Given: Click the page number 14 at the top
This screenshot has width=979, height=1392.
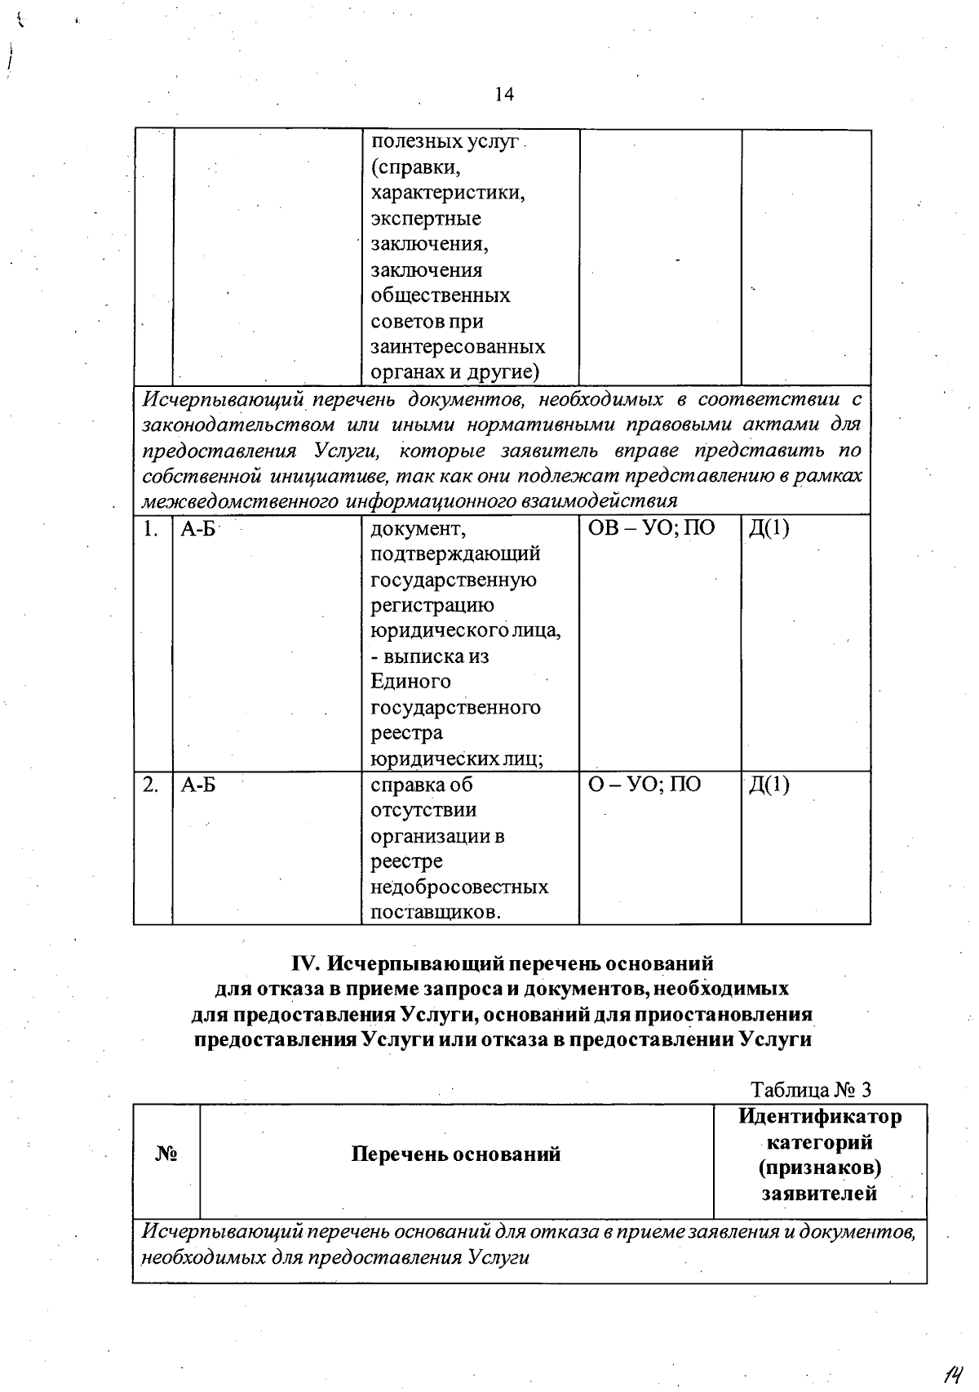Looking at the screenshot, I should click(x=504, y=95).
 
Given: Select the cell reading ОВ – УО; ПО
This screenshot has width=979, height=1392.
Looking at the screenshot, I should click(x=651, y=528).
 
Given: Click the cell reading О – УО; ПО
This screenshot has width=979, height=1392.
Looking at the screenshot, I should click(x=644, y=785).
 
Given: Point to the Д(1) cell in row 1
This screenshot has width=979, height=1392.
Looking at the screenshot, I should click(x=769, y=528).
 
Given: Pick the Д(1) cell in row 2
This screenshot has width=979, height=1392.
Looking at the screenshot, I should click(x=769, y=785).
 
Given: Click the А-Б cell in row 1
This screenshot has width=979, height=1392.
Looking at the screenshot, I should click(x=198, y=528).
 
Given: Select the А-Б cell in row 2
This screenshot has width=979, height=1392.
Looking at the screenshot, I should click(x=198, y=785).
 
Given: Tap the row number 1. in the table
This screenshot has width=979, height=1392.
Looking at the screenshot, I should click(x=149, y=528).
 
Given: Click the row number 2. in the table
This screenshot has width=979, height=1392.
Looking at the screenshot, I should click(x=149, y=785).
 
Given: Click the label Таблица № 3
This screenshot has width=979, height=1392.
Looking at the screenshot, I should click(x=811, y=1090).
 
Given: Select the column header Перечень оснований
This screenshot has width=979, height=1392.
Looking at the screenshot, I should click(x=456, y=1154).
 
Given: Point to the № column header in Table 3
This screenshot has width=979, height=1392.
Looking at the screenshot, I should click(x=166, y=1154).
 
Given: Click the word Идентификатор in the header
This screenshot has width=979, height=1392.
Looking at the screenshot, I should click(x=820, y=1116).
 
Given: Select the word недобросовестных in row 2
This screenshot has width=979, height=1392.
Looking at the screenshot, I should click(x=459, y=887).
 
